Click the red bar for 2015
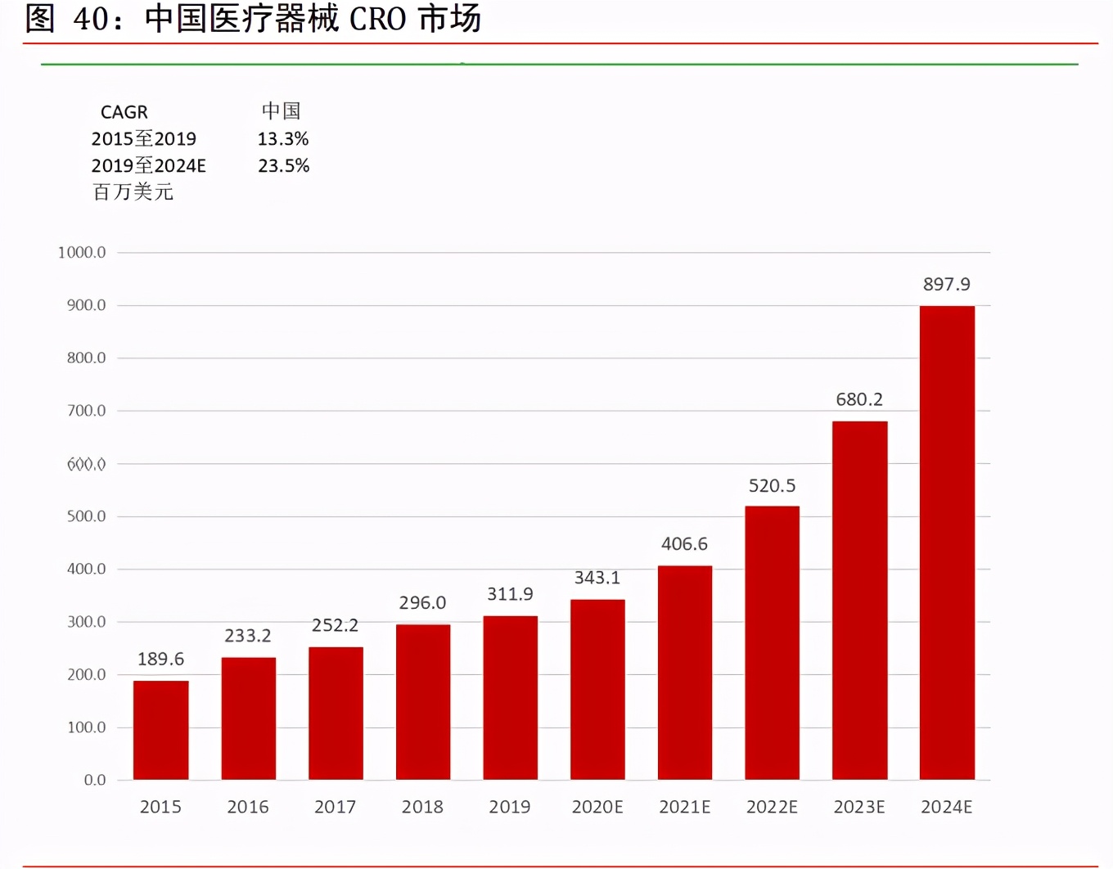(x=160, y=730)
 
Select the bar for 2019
(x=510, y=697)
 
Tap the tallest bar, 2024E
(x=947, y=543)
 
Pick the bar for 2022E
(x=772, y=642)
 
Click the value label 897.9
(x=947, y=284)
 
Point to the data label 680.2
(x=859, y=399)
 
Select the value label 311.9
(x=510, y=594)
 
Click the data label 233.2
(x=248, y=636)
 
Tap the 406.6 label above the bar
(x=684, y=544)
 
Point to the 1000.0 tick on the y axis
(x=82, y=252)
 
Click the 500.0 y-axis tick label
(x=86, y=516)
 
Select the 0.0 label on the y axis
(x=95, y=781)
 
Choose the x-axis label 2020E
(x=597, y=807)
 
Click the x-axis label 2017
(x=335, y=807)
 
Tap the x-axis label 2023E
(x=859, y=807)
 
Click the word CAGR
(x=124, y=112)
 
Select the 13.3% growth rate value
(x=283, y=139)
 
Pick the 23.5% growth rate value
(x=283, y=166)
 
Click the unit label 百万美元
(x=133, y=192)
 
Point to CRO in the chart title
(x=377, y=19)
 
